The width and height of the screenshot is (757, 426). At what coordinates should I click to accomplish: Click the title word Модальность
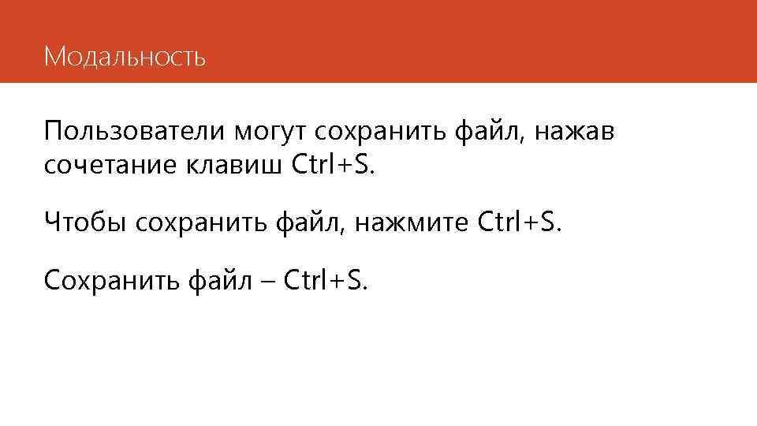click(x=125, y=57)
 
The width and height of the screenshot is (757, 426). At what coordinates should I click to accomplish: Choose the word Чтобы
click(x=84, y=222)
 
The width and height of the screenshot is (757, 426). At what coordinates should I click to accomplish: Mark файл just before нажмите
click(x=312, y=222)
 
